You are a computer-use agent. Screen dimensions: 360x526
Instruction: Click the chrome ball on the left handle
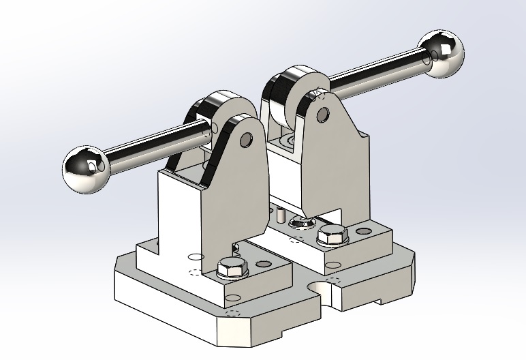87,168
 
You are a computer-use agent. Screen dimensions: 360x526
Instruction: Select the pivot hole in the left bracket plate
246,141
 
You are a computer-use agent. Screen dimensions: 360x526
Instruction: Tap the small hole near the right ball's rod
427,61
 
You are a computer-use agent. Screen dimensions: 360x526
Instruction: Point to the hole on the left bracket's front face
234,298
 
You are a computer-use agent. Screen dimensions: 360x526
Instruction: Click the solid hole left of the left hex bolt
196,258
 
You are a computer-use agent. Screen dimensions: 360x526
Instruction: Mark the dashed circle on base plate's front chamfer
233,314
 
